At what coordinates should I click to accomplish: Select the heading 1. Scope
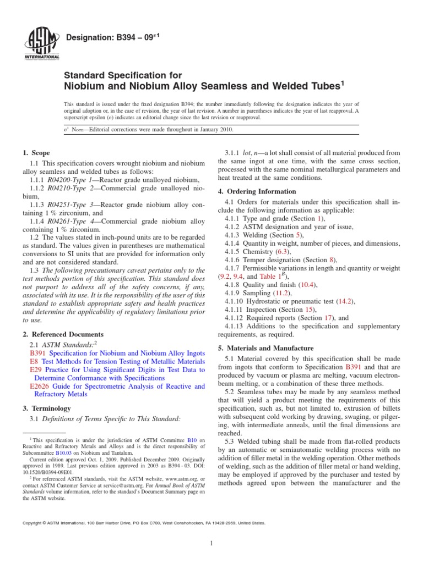36,153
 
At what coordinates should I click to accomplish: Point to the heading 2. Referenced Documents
62,334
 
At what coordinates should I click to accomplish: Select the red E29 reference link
35,370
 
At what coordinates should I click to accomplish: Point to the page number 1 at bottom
211,544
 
